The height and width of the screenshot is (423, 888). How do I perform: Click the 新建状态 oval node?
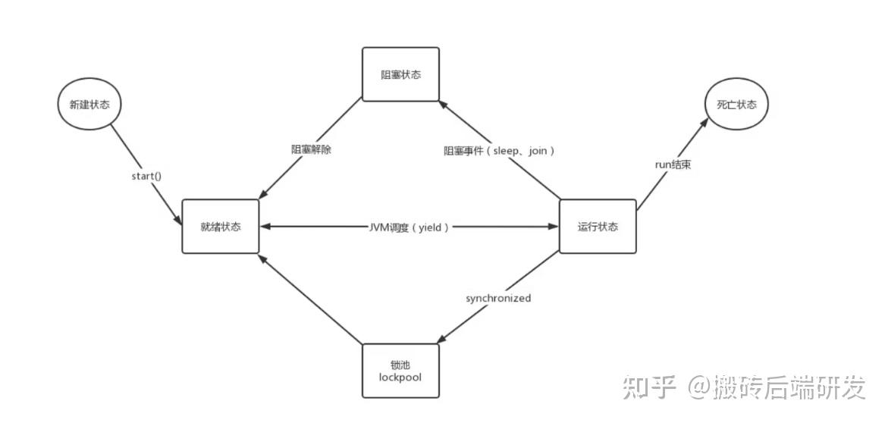pos(89,105)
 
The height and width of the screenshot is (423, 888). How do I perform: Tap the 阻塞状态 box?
pos(400,74)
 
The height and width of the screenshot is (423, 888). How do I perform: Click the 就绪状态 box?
pos(221,226)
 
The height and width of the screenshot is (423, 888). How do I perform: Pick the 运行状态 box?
pos(598,226)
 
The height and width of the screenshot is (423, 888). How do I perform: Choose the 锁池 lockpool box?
pos(400,371)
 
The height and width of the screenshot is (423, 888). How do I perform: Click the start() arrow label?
pos(147,177)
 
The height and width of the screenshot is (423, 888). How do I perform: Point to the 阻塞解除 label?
pos(312,150)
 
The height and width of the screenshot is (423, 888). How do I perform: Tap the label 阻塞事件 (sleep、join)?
pos(500,151)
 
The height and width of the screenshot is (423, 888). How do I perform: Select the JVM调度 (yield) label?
pos(409,227)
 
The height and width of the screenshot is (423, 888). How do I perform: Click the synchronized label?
pos(498,298)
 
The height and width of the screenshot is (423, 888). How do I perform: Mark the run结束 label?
pos(673,164)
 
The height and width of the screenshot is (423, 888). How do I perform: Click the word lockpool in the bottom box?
pos(400,377)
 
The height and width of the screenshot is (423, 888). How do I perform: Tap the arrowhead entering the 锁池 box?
pos(443,340)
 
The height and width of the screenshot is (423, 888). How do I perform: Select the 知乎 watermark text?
pos(650,388)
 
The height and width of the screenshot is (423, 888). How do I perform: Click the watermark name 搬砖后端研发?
pos(789,388)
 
